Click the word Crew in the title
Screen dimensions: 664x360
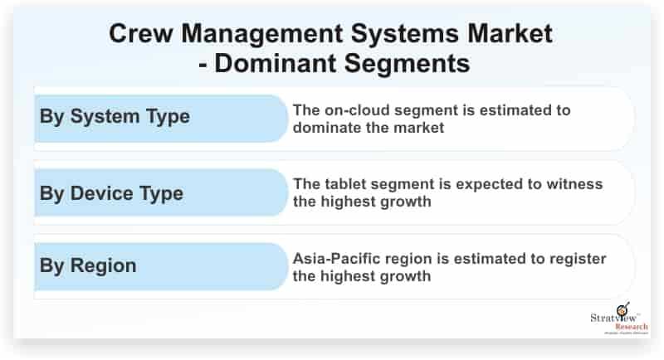tap(140, 33)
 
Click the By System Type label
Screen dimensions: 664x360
tap(115, 117)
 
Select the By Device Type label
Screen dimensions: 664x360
tap(111, 194)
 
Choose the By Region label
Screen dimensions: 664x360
tap(88, 266)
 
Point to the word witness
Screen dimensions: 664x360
tap(574, 184)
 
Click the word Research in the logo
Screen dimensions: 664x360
tap(632, 327)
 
